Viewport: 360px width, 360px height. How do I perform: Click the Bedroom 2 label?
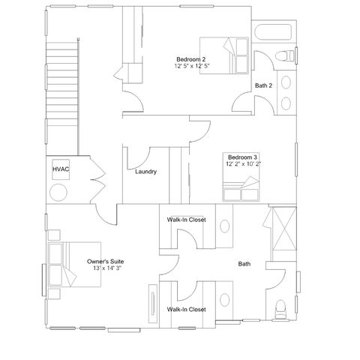coord(191,59)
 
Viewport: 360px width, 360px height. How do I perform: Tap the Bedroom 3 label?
coord(242,157)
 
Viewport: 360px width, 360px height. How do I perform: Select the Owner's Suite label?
coord(105,262)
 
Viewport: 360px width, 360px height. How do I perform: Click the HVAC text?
coord(61,169)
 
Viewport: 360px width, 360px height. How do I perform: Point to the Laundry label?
coord(146,172)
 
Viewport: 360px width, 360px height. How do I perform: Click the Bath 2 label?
coord(263,85)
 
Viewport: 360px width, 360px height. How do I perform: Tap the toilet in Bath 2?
coord(285,55)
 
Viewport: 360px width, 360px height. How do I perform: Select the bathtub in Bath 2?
coord(273,32)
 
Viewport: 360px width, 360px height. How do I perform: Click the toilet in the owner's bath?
coord(280,309)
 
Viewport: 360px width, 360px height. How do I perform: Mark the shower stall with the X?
coord(284,228)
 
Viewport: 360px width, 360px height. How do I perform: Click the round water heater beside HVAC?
coord(58,193)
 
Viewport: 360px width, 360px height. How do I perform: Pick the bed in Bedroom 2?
coord(224,55)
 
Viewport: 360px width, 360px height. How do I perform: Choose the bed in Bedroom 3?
coord(241,177)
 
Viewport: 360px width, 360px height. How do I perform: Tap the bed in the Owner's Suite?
coord(74,264)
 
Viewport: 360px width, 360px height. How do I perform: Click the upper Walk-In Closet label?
coord(187,220)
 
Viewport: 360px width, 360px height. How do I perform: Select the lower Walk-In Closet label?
coord(187,310)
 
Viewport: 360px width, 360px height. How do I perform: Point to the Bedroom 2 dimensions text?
coord(192,66)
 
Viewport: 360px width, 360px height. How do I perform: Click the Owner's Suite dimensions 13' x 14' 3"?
coord(107,268)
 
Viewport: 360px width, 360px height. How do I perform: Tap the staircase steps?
coord(61,84)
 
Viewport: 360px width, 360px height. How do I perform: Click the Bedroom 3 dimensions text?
coord(243,164)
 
